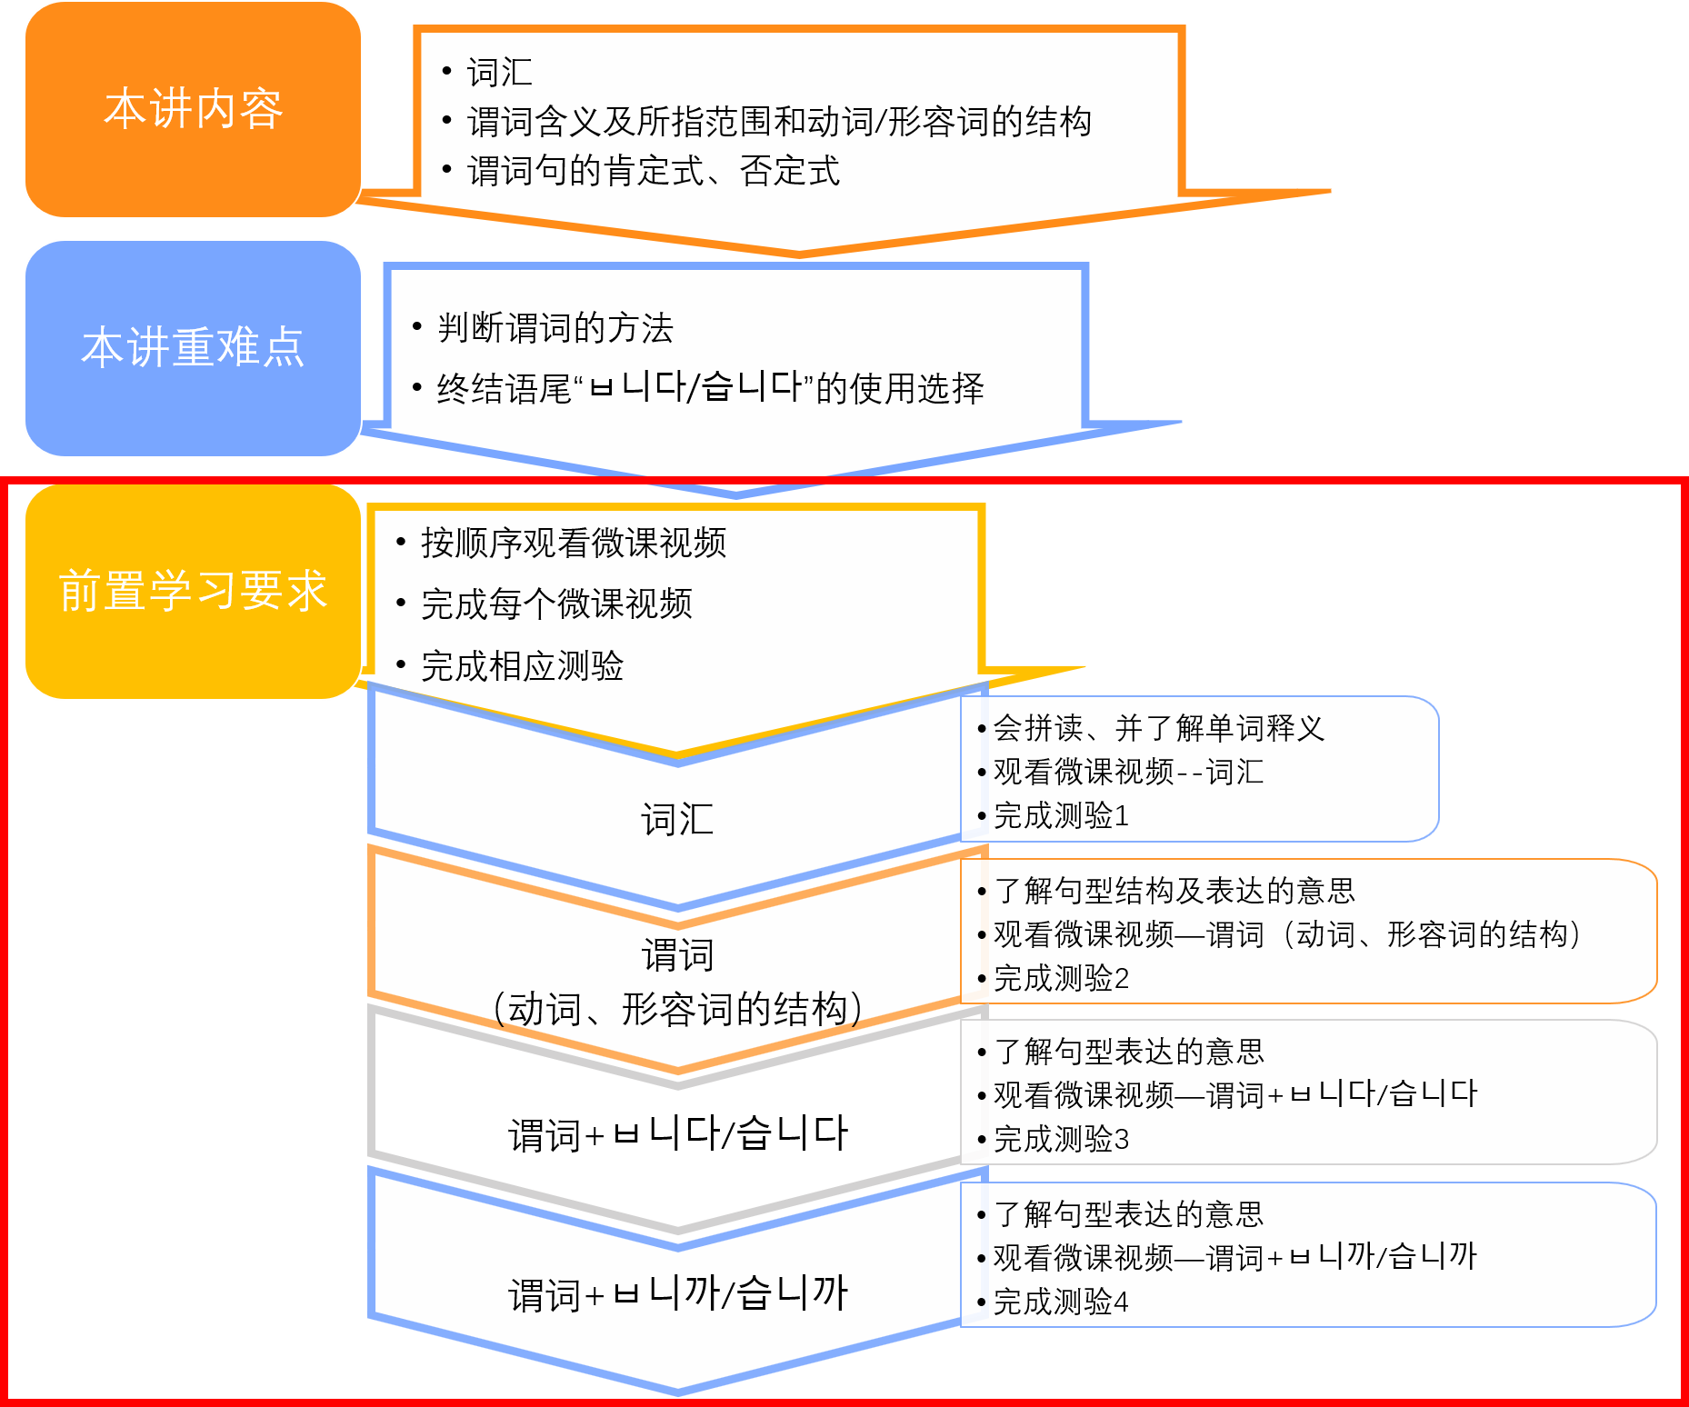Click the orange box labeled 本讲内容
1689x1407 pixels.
coord(193,109)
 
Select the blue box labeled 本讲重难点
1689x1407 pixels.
coord(193,348)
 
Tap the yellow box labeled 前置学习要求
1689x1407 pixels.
coord(193,591)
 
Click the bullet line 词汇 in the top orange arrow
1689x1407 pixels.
coord(499,73)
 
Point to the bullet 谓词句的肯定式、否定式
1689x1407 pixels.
coord(653,171)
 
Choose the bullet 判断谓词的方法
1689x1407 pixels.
coord(555,328)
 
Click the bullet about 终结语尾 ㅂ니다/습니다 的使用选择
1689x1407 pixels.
coord(709,388)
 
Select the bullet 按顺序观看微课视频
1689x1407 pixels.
coord(573,543)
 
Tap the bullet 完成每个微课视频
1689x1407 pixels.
coord(556,604)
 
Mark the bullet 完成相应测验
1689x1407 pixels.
coord(522,666)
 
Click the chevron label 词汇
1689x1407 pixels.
coord(677,819)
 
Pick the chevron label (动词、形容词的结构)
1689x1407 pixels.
coord(677,1009)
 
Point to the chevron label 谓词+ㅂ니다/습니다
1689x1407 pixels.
coord(677,1134)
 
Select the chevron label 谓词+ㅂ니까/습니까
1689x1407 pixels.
coord(677,1294)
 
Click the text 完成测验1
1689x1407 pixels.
coord(1061,816)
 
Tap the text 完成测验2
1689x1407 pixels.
coord(1061,979)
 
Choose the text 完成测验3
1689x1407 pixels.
coord(1061,1139)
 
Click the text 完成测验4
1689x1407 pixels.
coord(1061,1302)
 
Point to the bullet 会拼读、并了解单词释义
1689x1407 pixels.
coord(1158,728)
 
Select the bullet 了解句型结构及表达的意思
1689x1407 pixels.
coord(1174,891)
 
